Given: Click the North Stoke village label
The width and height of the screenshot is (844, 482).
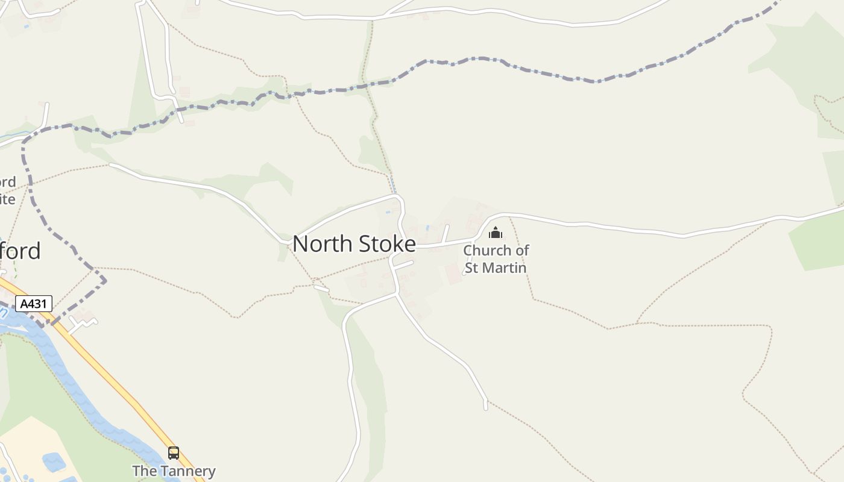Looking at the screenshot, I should (354, 244).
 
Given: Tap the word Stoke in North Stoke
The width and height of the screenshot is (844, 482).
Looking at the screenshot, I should (387, 244).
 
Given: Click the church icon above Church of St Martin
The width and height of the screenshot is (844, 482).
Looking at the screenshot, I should (495, 233).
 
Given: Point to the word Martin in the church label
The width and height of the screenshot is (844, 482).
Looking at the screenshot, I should (505, 268).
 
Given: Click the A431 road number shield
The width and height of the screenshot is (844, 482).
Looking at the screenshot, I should (34, 304).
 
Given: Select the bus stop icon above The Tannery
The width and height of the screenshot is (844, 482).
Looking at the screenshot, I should (174, 453).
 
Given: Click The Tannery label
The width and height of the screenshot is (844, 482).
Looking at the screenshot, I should (174, 471).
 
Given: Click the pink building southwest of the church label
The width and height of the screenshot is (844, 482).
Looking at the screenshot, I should (453, 274).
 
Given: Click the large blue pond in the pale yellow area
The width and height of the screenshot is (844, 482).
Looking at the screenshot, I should (54, 462).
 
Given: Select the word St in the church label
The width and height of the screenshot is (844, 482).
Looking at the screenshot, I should (473, 268).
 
